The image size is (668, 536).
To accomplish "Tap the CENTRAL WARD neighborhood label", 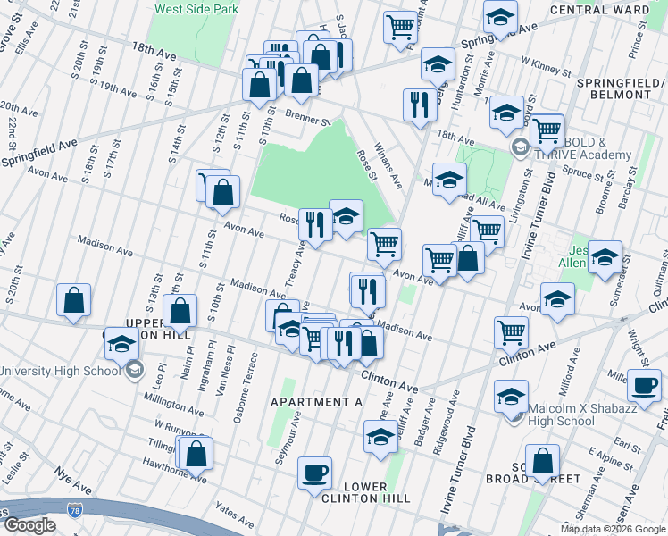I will tap(612, 10).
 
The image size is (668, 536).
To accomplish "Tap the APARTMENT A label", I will tap(317, 402).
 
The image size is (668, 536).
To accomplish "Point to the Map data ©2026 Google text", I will tap(612, 529).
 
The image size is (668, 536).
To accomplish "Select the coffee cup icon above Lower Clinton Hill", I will tap(313, 473).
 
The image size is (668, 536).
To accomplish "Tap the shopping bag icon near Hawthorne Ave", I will tap(196, 453).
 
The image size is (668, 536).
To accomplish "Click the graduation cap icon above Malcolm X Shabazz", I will tap(512, 396).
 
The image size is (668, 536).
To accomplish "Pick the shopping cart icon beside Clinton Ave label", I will tap(510, 332).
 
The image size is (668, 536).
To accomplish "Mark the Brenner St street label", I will tap(308, 117).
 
